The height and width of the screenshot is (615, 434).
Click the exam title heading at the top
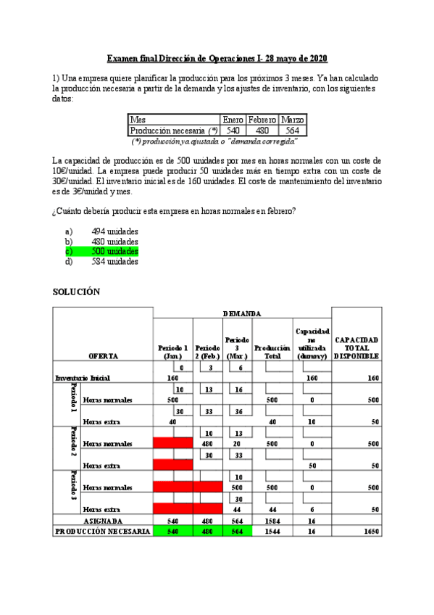(217, 58)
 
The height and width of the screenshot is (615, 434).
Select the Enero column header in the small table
(232, 119)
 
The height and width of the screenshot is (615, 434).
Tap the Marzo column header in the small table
(293, 119)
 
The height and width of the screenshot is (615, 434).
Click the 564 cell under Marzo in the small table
(293, 131)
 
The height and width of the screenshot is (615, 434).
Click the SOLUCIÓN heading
(76, 292)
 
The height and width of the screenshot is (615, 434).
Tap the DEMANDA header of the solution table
(242, 313)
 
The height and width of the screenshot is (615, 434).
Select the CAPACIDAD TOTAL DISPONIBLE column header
(356, 348)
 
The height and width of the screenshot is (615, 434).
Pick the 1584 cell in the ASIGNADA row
(272, 520)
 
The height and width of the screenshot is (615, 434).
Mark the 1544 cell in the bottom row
(272, 531)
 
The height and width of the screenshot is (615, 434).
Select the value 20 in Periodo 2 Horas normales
(236, 443)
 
